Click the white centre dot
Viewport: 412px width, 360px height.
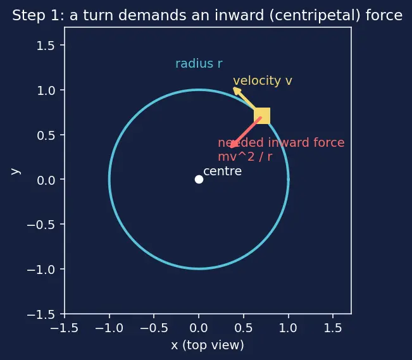(x=199, y=180)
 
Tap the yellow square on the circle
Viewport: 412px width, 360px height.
(x=262, y=116)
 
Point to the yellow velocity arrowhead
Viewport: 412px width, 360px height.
(x=237, y=91)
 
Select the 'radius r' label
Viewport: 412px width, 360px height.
(x=199, y=64)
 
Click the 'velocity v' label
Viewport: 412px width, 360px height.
(x=263, y=81)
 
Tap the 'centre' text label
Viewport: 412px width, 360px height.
(x=223, y=171)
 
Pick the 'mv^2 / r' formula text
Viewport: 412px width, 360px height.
(x=245, y=157)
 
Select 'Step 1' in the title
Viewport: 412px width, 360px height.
(x=36, y=15)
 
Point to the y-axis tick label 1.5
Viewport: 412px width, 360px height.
(x=46, y=46)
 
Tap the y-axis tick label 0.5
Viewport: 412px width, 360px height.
(x=46, y=135)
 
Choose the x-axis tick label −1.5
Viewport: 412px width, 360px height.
(x=65, y=328)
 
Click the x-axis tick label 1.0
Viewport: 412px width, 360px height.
(x=288, y=328)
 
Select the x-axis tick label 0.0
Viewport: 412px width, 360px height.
(x=199, y=328)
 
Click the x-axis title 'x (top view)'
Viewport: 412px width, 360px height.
(x=208, y=345)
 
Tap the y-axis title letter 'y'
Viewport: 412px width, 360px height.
(x=16, y=171)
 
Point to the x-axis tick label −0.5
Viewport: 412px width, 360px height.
(x=154, y=328)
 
